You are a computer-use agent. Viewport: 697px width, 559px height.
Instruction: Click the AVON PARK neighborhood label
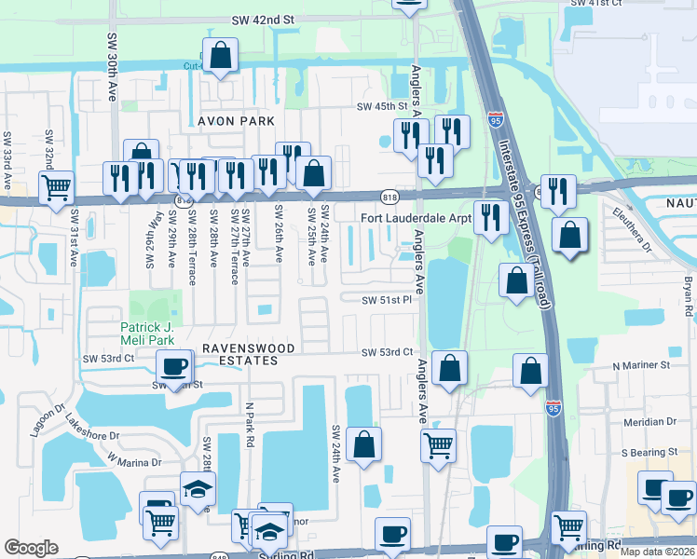(236, 121)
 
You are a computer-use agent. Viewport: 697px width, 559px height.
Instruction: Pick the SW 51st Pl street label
(387, 299)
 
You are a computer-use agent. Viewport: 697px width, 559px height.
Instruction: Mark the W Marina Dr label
(134, 459)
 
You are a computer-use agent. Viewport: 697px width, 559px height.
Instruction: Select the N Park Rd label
(249, 424)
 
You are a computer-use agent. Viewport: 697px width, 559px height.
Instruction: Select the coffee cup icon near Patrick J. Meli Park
(174, 367)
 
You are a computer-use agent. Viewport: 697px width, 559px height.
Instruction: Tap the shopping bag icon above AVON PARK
(220, 56)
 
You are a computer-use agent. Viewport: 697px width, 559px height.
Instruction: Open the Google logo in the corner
(31, 547)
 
